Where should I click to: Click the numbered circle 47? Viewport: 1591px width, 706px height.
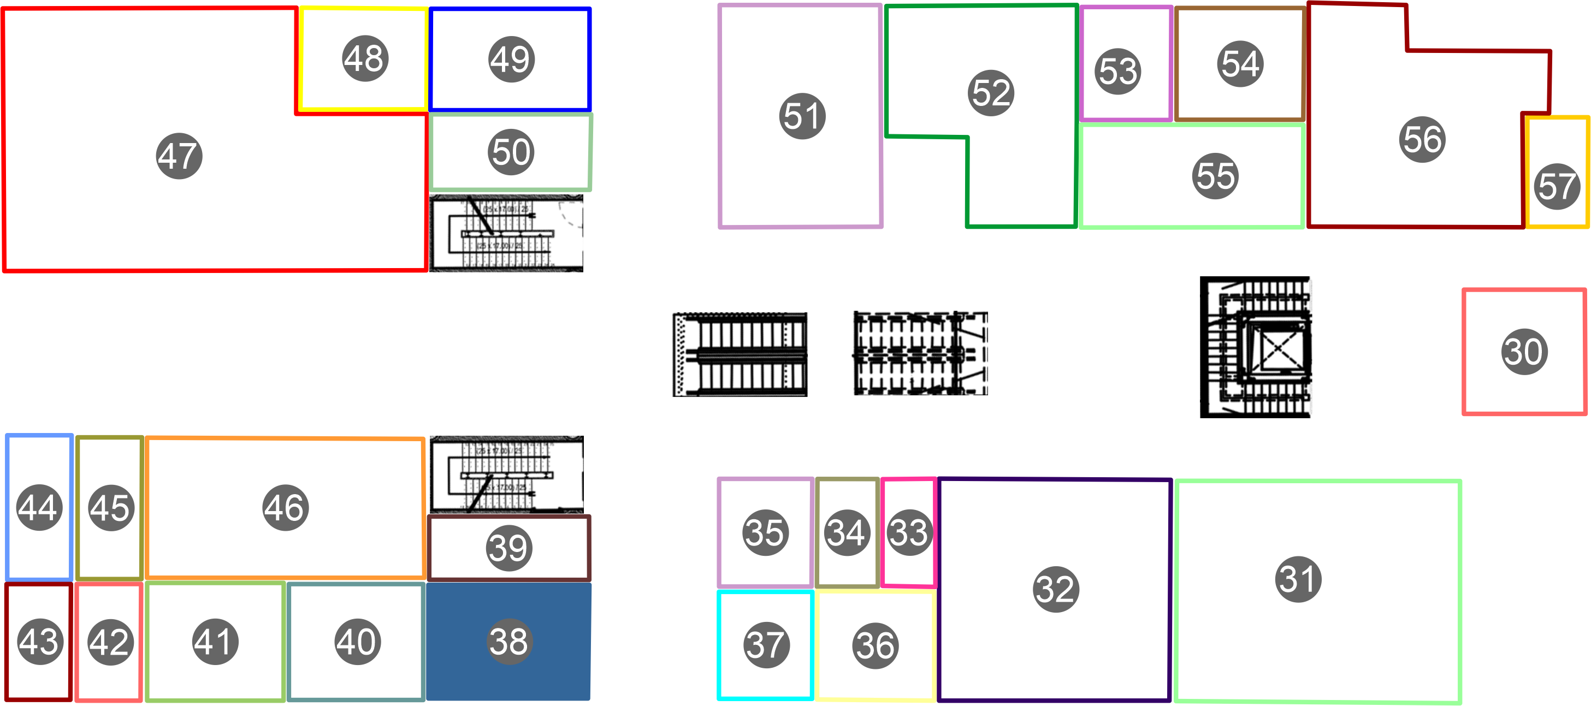(x=179, y=156)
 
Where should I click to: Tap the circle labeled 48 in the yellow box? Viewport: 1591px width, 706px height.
(x=365, y=58)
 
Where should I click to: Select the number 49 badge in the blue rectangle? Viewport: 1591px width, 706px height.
(x=511, y=60)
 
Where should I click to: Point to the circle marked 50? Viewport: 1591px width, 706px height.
(x=511, y=152)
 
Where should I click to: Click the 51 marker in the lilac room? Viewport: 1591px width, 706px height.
(x=802, y=116)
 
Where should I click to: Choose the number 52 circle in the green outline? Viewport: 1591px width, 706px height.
(x=991, y=93)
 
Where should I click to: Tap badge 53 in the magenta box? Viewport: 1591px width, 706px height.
(x=1118, y=71)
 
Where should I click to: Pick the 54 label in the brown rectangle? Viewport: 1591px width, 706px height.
(x=1240, y=64)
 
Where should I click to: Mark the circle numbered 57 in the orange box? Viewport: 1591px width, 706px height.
(x=1557, y=187)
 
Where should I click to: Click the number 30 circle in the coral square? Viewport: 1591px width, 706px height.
(x=1524, y=352)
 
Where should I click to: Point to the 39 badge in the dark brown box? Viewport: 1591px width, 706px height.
(x=508, y=548)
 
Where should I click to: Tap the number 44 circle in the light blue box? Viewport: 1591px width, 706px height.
(x=39, y=508)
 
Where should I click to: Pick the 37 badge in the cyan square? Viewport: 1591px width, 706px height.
(x=766, y=645)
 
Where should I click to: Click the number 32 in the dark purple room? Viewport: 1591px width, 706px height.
(x=1056, y=589)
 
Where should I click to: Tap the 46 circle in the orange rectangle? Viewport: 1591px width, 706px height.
(x=285, y=508)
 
